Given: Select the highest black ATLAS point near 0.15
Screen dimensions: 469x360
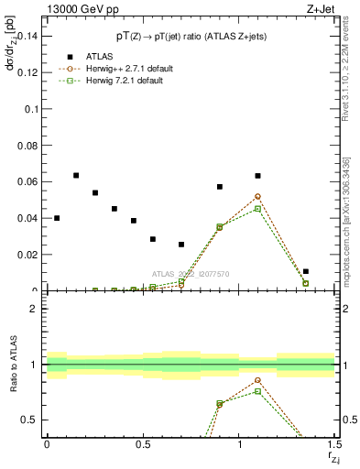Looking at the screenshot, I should click(x=76, y=175).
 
